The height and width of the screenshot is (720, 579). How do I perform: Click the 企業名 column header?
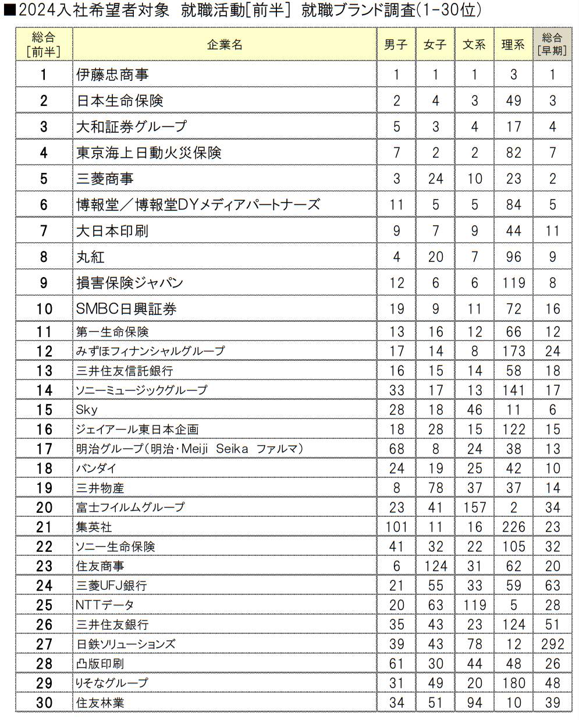(225, 45)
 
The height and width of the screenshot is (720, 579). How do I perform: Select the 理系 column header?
(513, 45)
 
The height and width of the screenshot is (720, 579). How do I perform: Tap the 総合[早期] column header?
(552, 45)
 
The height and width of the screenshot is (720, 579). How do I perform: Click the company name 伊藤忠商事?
(112, 75)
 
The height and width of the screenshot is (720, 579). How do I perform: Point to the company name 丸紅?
(90, 257)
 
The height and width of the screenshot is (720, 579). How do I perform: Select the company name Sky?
(87, 410)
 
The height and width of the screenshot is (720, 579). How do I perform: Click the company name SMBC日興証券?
(126, 309)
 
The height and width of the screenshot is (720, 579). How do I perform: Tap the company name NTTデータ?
(105, 605)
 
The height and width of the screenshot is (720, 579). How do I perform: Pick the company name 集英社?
(94, 527)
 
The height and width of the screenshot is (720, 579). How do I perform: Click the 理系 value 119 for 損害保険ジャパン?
(513, 283)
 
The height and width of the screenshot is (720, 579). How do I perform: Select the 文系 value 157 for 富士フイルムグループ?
(474, 508)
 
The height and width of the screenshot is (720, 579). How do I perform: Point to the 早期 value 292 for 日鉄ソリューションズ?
(552, 644)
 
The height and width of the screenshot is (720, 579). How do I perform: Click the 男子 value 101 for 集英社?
(396, 527)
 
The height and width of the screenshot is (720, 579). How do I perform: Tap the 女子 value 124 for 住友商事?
(435, 566)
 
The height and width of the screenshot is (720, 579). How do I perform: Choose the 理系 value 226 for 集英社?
(513, 527)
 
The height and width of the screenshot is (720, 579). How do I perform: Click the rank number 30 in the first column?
(44, 703)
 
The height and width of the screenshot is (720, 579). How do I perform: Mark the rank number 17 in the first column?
(44, 449)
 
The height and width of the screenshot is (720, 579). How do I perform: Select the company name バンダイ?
(96, 469)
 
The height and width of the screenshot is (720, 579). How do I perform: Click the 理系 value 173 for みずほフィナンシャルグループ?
(513, 351)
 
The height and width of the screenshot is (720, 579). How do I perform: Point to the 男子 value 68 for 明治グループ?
(396, 449)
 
